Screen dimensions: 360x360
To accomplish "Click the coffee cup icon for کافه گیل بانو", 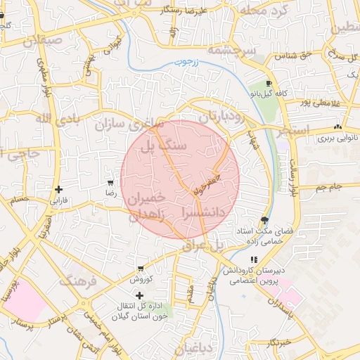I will [269, 84].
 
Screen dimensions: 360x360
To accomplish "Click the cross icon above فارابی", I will [58, 189].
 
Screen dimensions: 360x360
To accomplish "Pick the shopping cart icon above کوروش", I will [141, 269].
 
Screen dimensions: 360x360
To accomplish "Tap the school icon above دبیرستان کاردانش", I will [254, 259].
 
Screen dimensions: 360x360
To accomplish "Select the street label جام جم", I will [328, 187].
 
